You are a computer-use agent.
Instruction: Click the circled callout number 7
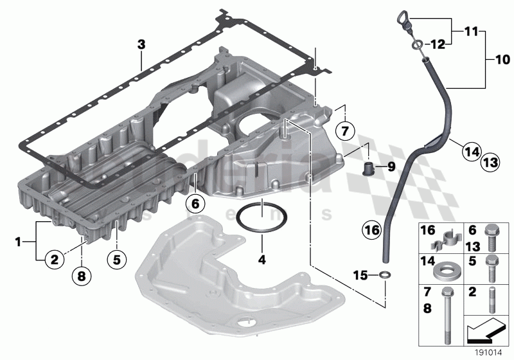pos(344,131)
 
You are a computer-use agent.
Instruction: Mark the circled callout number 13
pos(490,163)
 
